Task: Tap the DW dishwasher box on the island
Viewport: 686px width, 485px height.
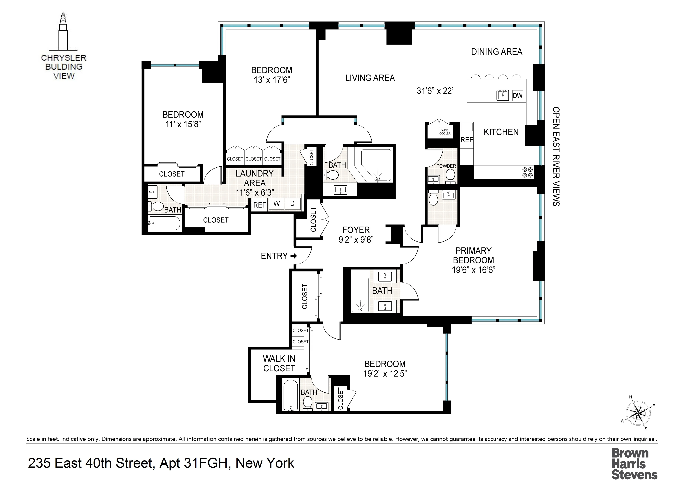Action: (x=517, y=96)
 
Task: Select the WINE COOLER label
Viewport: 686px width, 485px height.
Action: (x=445, y=132)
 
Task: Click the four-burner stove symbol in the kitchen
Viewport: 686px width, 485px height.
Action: (x=527, y=172)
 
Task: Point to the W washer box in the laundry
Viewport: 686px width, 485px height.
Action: (x=277, y=204)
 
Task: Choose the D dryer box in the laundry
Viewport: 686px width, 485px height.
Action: (x=292, y=204)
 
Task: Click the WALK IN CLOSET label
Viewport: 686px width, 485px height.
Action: (x=279, y=363)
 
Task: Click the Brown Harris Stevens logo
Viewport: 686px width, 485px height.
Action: (x=634, y=464)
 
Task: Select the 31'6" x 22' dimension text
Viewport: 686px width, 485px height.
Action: (x=435, y=91)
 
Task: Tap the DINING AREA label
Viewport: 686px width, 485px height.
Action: (x=496, y=52)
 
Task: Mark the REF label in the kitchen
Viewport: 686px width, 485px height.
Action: (x=467, y=140)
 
